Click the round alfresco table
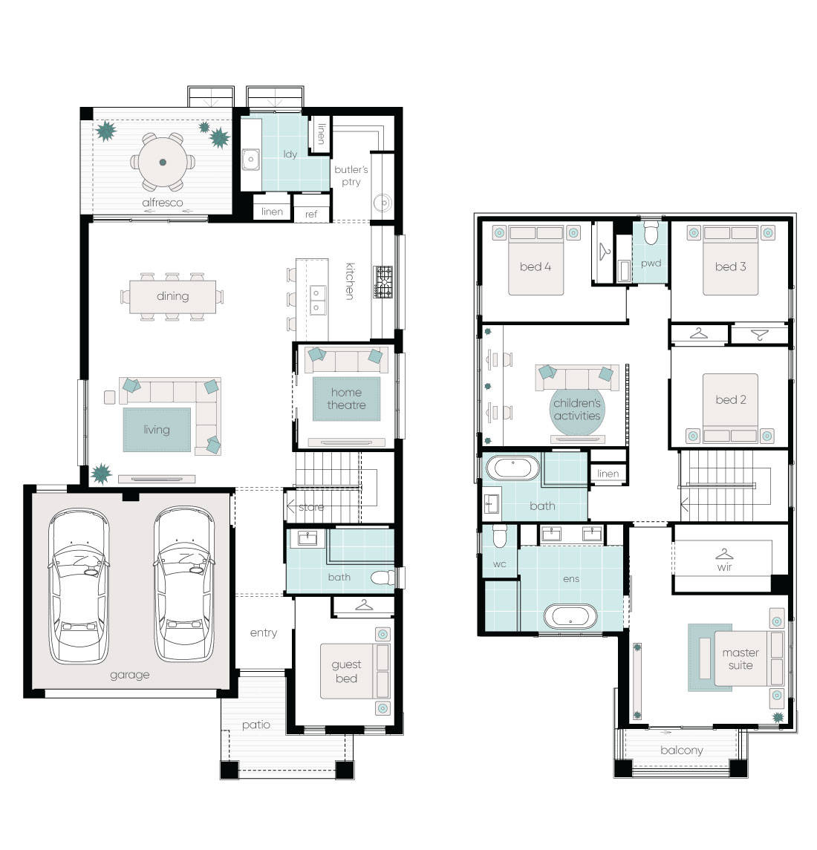point(162,163)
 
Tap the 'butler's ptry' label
point(351,175)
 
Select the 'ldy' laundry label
point(290,154)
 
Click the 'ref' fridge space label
point(311,214)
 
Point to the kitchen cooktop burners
point(383,282)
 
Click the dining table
point(172,296)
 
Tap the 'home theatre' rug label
point(346,399)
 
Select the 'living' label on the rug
point(156,430)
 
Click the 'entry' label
point(263,632)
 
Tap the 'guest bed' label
point(346,671)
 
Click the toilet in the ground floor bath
point(383,577)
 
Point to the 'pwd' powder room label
point(651,263)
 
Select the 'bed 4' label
point(535,267)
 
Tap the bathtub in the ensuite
point(570,616)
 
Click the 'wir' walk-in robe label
point(724,567)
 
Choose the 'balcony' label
point(681,751)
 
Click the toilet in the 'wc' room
point(500,536)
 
